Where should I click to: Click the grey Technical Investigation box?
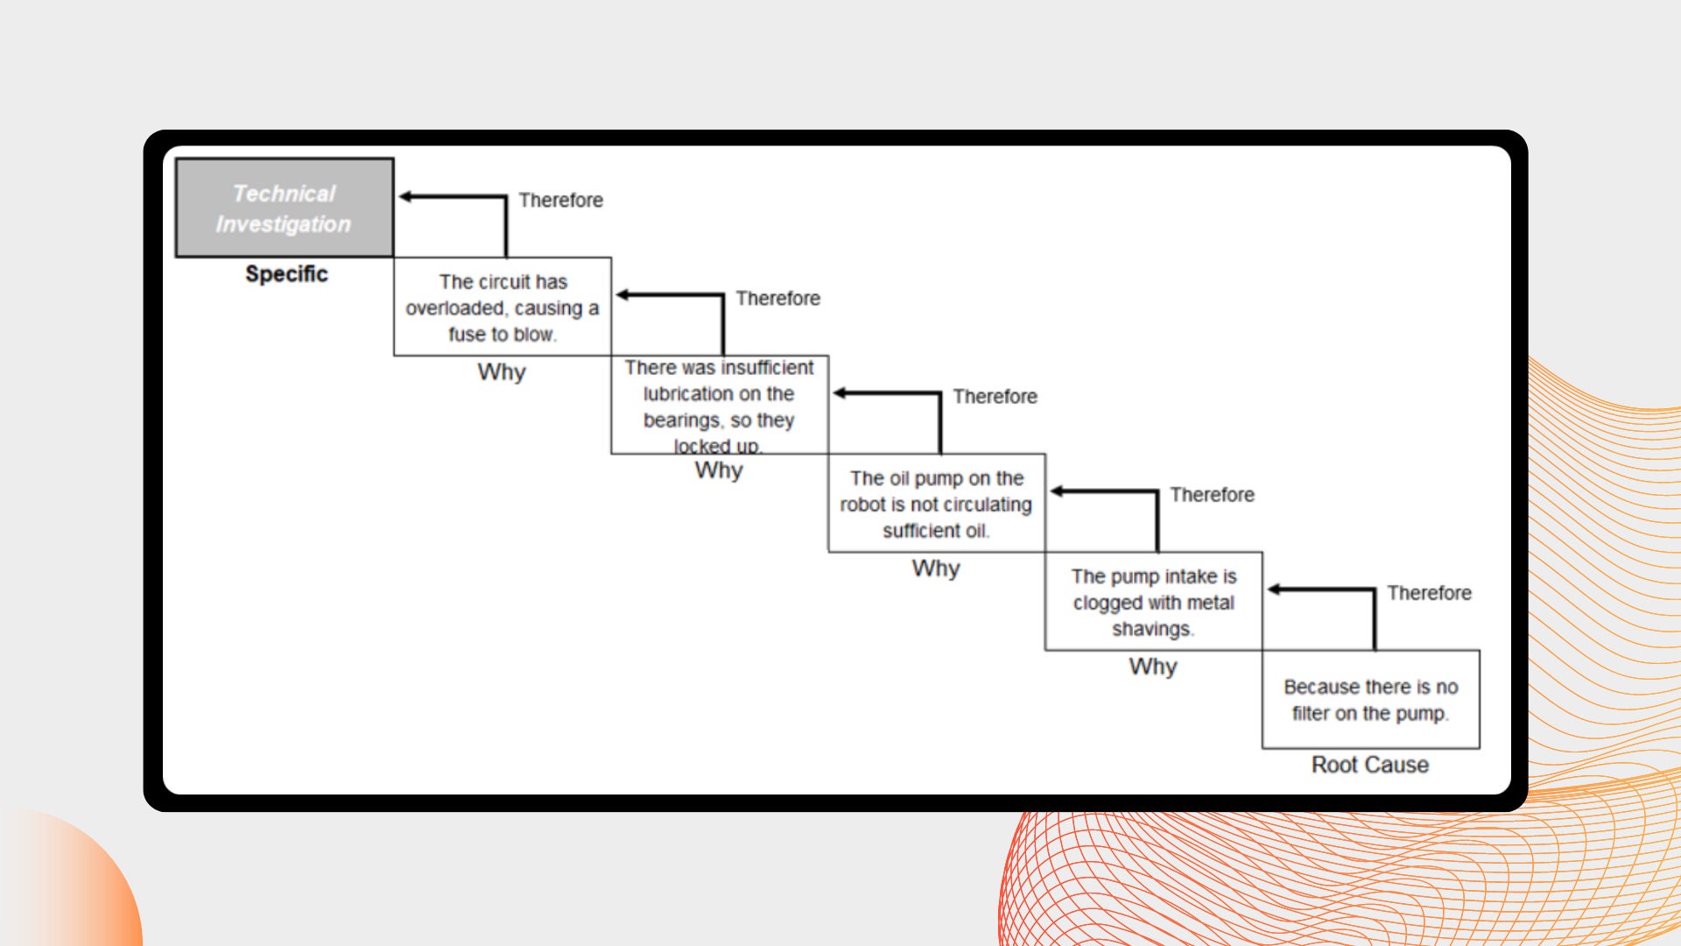(x=285, y=208)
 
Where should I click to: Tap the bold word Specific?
(x=286, y=274)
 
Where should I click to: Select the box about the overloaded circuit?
(x=503, y=307)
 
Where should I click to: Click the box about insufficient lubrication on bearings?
(x=720, y=405)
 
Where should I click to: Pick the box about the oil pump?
(x=937, y=503)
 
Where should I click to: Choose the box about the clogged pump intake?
(x=1154, y=601)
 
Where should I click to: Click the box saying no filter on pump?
(x=1371, y=699)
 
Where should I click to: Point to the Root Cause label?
(x=1370, y=765)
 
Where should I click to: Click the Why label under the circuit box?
(x=502, y=372)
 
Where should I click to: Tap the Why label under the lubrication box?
(x=719, y=470)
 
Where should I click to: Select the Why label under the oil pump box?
(x=936, y=568)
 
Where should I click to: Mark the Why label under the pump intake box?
(x=1153, y=667)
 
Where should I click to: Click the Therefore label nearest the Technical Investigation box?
(x=561, y=201)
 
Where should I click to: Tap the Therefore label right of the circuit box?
(x=778, y=299)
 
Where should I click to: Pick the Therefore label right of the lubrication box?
(x=995, y=397)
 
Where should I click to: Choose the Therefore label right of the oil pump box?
(x=1213, y=495)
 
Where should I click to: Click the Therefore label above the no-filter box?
(x=1430, y=593)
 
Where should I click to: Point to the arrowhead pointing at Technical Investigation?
(x=405, y=196)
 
